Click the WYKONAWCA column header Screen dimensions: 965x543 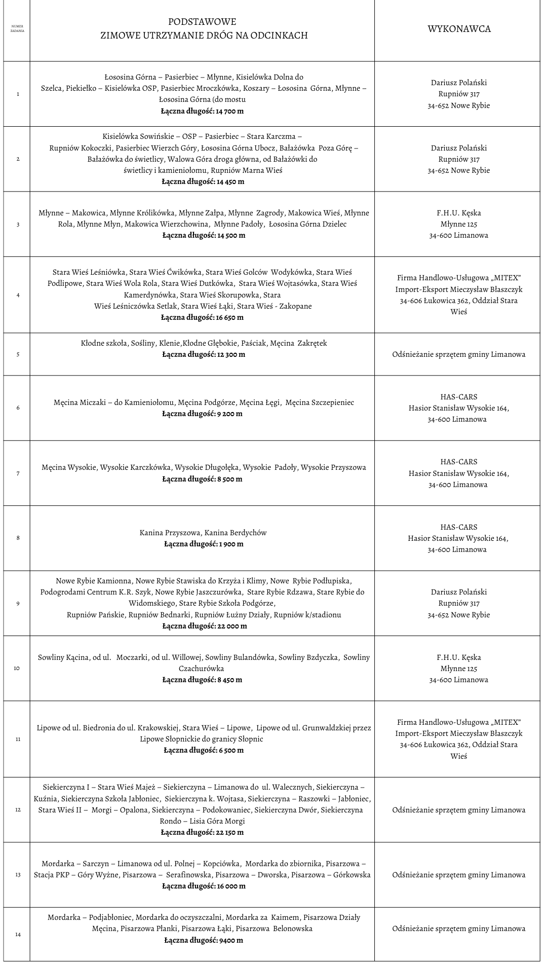[459, 29]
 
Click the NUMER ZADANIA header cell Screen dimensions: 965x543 [17, 28]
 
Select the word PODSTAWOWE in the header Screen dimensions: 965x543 [202, 22]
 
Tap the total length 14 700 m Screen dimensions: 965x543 [202, 111]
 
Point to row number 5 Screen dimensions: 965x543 [18, 354]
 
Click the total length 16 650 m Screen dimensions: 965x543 [202, 318]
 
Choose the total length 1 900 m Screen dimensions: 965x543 [204, 544]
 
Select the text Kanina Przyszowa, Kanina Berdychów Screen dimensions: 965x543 [203, 533]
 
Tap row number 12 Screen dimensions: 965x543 [18, 809]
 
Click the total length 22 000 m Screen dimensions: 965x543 [205, 626]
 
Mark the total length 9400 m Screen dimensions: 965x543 [204, 940]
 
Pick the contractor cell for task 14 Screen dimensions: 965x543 [458, 929]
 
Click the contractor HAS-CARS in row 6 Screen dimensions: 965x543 [458, 397]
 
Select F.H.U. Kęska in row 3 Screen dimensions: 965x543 [458, 213]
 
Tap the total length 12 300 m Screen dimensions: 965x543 [204, 355]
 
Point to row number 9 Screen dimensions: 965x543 [18, 603]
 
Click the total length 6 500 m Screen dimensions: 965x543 [204, 751]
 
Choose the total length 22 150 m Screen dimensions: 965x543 [202, 833]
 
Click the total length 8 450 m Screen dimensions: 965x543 [202, 680]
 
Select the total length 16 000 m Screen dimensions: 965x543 [204, 886]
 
